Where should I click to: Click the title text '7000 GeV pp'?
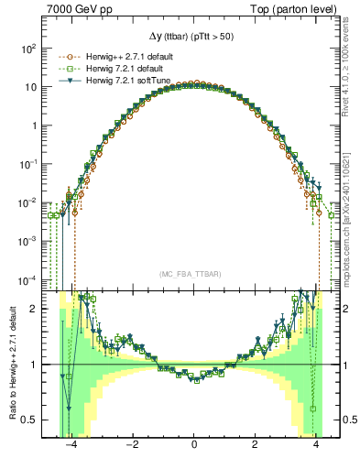coord(76,8)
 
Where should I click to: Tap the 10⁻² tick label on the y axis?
coord(29,202)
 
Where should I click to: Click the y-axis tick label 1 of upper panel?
coord(35,125)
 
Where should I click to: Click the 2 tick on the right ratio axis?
coord(348,309)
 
